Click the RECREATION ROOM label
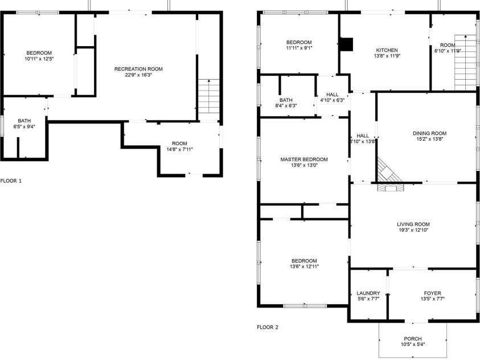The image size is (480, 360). (138, 69)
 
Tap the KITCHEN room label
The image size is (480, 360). (386, 50)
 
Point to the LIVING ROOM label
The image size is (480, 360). (413, 224)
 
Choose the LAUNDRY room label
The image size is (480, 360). (368, 293)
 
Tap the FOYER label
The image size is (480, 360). (433, 293)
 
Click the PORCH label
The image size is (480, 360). (413, 338)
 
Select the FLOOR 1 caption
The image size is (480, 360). (11, 181)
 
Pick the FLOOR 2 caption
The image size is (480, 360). (268, 328)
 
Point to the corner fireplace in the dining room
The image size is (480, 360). (388, 174)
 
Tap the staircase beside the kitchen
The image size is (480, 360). (465, 63)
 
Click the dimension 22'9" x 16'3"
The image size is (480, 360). (138, 75)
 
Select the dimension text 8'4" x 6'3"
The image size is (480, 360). (286, 106)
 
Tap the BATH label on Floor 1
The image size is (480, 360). (24, 121)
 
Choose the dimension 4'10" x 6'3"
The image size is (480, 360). (333, 100)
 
